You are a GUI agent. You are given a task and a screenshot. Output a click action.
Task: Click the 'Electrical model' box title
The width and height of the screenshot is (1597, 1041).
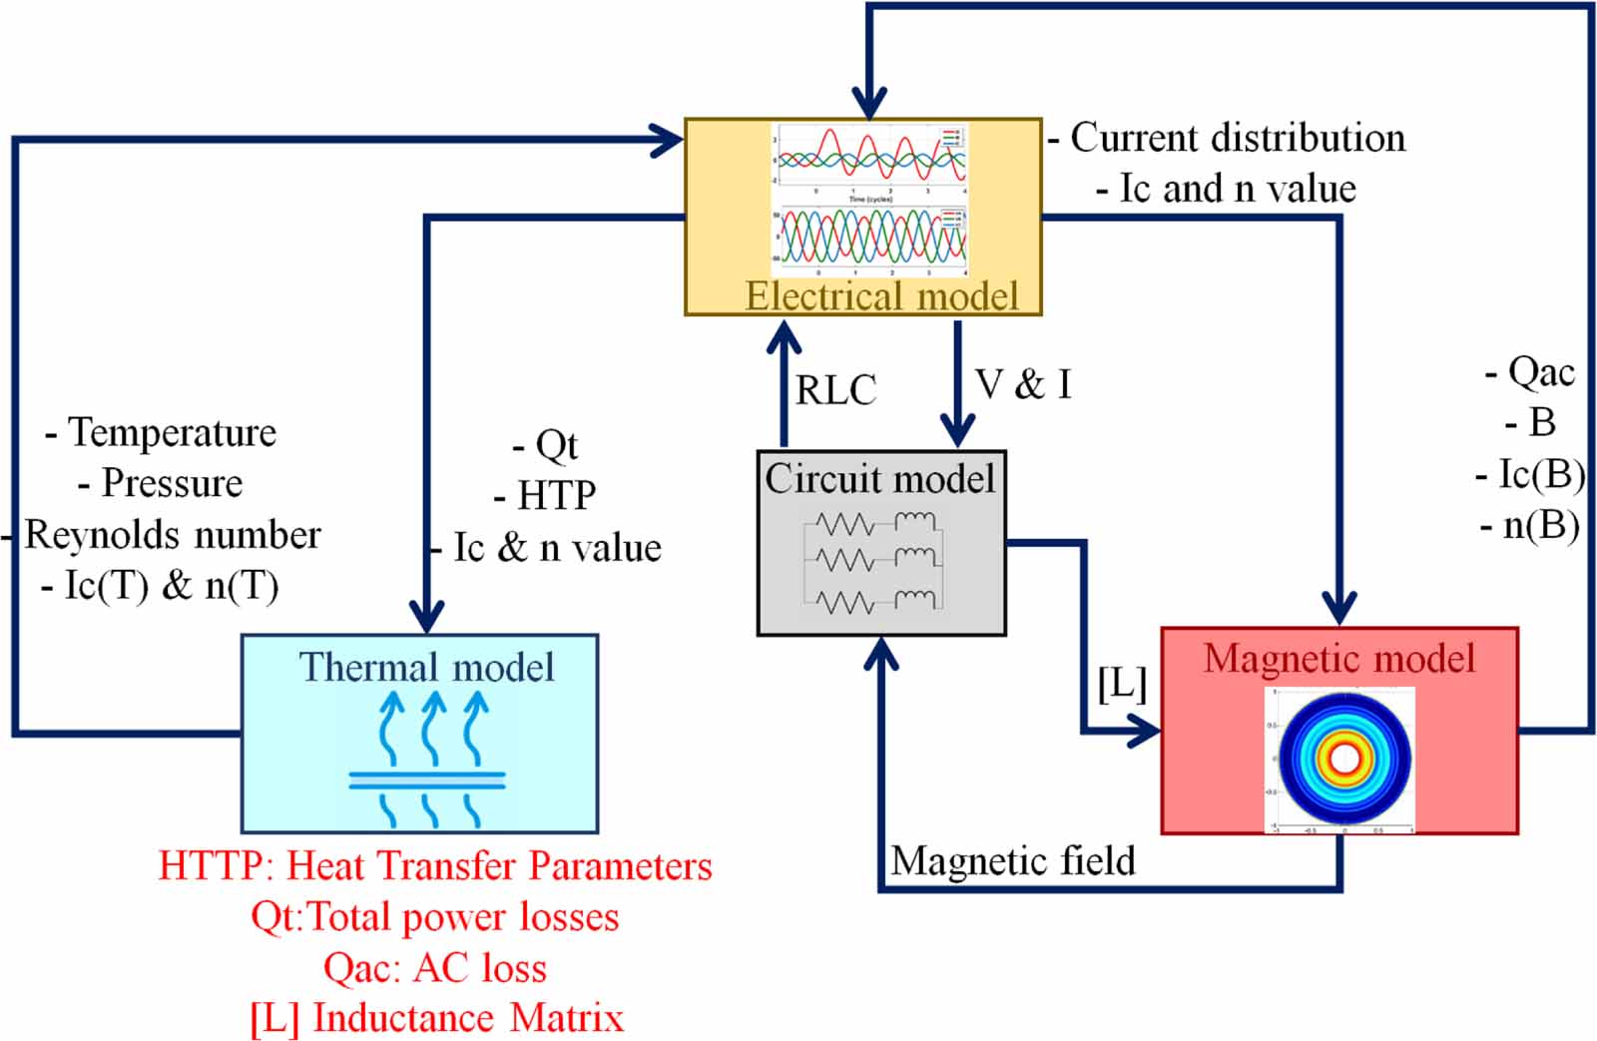pos(881,296)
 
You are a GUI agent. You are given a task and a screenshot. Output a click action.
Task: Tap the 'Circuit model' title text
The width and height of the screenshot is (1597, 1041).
pos(879,479)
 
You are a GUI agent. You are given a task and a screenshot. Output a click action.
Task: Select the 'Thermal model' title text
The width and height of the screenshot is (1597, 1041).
pos(426,667)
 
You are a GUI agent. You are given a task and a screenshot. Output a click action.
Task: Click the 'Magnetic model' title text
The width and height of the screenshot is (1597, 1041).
pos(1338,659)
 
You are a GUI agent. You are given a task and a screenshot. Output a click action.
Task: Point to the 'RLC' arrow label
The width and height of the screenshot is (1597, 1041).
pos(835,389)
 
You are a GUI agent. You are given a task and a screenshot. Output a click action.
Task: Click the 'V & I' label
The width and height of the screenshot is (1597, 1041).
pos(1023,384)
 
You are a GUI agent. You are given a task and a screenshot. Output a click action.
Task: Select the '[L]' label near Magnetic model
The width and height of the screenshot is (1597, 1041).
pos(1121,684)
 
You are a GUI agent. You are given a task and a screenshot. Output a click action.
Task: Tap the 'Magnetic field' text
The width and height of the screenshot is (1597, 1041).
pos(1012,860)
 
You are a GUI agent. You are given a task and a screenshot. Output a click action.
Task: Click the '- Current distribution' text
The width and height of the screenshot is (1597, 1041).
pos(1227,138)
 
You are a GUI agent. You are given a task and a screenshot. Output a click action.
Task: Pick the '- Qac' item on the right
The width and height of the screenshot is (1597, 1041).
pos(1530,372)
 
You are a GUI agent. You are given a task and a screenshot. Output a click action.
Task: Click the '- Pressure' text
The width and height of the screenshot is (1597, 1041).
pos(161,483)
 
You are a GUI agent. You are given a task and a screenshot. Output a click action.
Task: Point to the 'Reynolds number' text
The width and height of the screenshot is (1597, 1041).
pos(172,535)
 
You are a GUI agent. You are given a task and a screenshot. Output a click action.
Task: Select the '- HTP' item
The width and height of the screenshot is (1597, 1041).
pos(545,495)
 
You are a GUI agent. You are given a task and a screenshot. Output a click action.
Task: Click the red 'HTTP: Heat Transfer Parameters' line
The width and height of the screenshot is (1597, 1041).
pos(435,865)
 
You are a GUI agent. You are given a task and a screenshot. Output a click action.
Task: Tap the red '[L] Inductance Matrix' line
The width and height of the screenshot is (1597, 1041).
pos(436,1018)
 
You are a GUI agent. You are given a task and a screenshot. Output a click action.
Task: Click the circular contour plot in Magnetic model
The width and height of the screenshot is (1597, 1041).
pos(1343,759)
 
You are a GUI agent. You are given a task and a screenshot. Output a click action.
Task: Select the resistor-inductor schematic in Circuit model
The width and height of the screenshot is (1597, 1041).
pos(874,562)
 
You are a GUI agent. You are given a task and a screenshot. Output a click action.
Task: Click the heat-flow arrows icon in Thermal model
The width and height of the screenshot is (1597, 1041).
pos(428,759)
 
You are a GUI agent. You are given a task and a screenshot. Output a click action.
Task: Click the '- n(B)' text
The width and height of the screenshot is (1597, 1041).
pos(1530,526)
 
